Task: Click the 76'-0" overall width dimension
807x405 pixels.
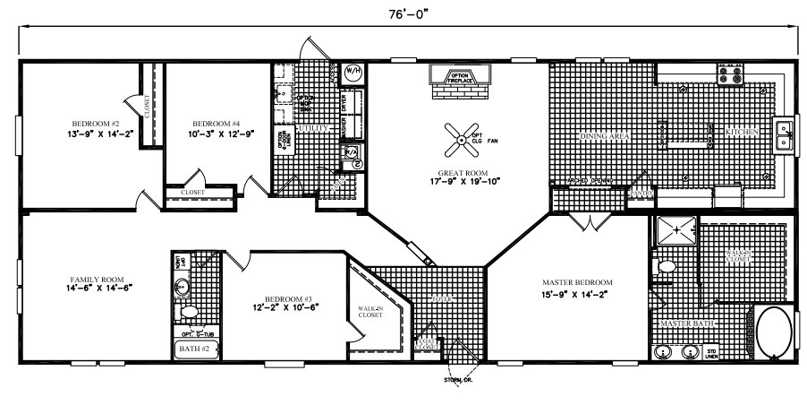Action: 403,12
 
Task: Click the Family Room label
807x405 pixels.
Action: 83,279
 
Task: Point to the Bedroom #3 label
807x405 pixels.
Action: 286,297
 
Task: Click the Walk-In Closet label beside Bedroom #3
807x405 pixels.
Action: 370,311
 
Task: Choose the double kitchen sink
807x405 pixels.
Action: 786,135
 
